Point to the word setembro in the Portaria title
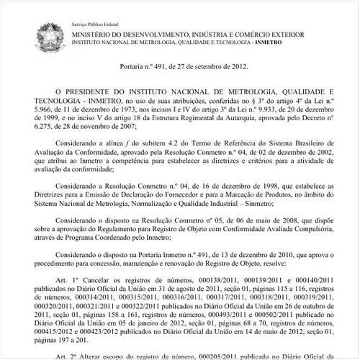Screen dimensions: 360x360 [x=197, y=67]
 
